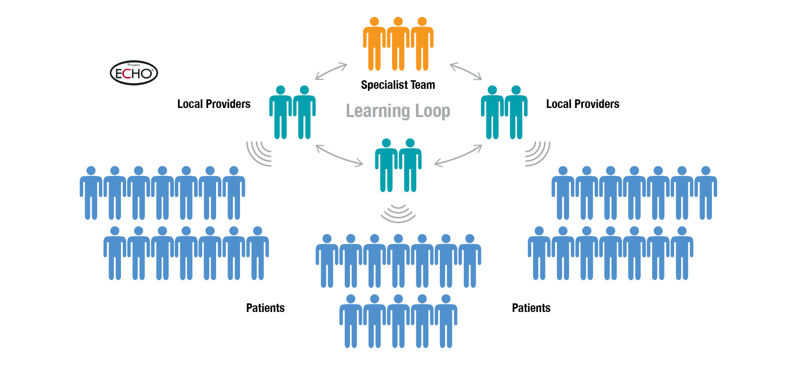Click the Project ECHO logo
pyautogui.click(x=134, y=73)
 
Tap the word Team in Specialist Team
pyautogui.click(x=423, y=85)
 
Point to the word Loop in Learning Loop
pyautogui.click(x=433, y=111)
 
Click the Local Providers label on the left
pyautogui.click(x=214, y=104)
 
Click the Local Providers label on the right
pyautogui.click(x=582, y=104)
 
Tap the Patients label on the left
pyautogui.click(x=265, y=308)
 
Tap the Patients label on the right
pyautogui.click(x=531, y=308)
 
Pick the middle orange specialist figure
pyautogui.click(x=398, y=45)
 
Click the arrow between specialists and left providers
pyautogui.click(x=331, y=71)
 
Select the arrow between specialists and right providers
pyautogui.click(x=466, y=71)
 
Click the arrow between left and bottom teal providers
pyautogui.click(x=339, y=156)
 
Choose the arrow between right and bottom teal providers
pyautogui.click(x=458, y=156)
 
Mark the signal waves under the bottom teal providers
pyautogui.click(x=398, y=213)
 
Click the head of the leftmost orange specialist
pyautogui.click(x=375, y=21)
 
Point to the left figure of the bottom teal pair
pyautogui.click(x=386, y=165)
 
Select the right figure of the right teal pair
pyautogui.click(x=516, y=112)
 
